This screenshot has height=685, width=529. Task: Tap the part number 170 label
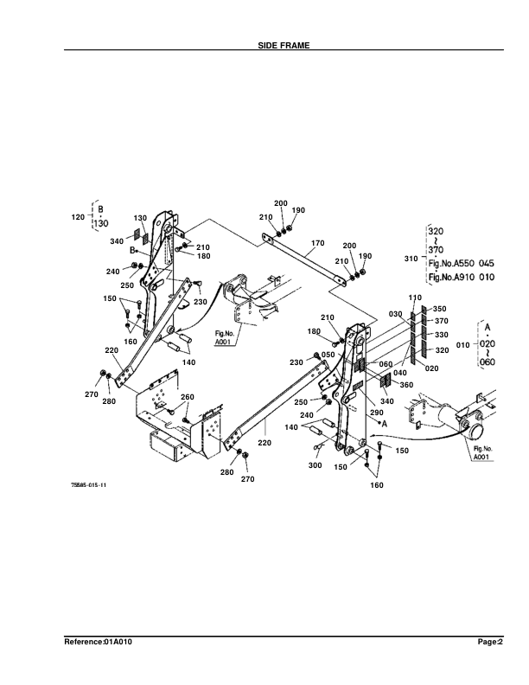[316, 243]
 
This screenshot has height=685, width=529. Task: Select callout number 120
[77, 217]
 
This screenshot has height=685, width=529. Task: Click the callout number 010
[462, 344]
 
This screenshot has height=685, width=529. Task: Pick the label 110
[414, 298]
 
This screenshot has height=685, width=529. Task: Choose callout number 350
[439, 309]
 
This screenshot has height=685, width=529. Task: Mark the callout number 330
[441, 335]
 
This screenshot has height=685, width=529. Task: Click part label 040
[400, 373]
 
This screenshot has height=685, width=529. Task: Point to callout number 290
[376, 413]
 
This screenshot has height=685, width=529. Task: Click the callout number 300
[315, 465]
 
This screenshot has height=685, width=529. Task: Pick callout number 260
[187, 397]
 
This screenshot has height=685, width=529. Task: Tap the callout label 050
[328, 355]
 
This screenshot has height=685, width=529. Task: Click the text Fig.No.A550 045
[461, 262]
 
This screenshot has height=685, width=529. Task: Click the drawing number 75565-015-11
[88, 485]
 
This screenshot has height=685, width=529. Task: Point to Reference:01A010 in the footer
[98, 642]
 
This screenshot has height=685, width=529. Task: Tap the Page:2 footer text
[490, 642]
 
